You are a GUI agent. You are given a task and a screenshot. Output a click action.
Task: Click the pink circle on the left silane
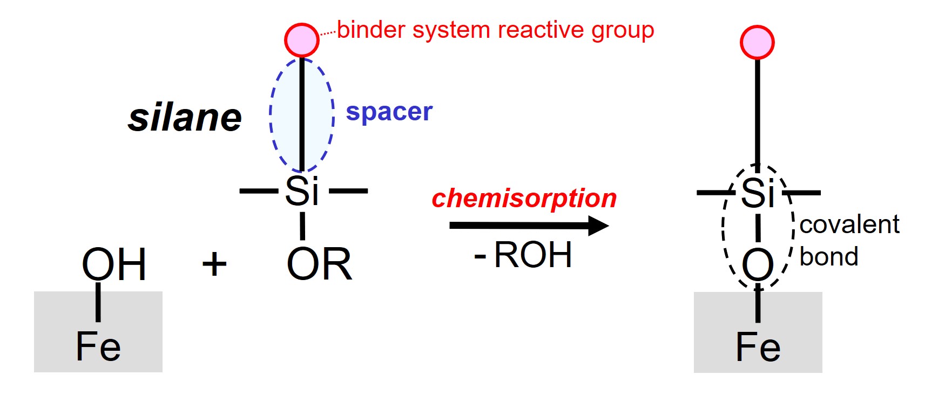coord(301,40)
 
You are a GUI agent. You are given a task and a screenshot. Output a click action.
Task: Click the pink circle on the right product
coord(757,42)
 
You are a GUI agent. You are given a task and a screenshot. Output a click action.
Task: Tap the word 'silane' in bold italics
coord(185,118)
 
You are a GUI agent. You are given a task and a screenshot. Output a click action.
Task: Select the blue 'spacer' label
coord(389,112)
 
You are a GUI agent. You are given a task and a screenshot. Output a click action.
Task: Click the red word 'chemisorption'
coord(524,198)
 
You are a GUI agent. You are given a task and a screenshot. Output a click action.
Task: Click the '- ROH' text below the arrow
coord(523,255)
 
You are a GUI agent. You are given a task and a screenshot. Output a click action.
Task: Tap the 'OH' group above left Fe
coord(114,264)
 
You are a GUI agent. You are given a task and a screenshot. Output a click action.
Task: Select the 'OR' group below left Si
coord(319,264)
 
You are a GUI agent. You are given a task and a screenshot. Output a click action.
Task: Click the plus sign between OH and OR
coord(214,264)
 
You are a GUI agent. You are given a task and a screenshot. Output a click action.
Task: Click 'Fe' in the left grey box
coord(98,346)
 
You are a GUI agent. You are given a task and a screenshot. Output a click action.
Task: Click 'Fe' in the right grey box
coord(758,347)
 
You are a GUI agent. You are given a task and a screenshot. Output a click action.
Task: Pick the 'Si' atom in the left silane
coord(302,191)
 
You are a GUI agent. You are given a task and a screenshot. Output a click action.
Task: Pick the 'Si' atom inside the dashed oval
coord(758,193)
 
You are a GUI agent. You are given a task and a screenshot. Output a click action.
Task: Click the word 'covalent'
coord(849,224)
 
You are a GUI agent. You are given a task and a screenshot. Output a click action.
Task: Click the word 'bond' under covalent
coord(829,257)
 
